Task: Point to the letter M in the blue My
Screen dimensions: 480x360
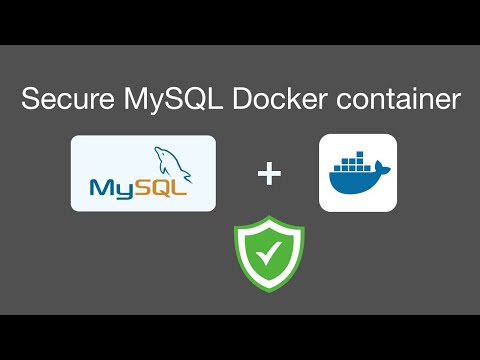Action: (x=99, y=188)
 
